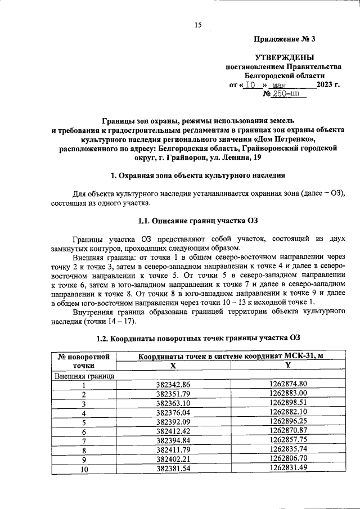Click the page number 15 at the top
click(197, 24)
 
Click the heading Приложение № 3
click(285, 39)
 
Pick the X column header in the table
click(173, 365)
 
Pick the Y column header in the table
click(288, 365)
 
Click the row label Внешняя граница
click(84, 375)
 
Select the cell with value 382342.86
click(173, 385)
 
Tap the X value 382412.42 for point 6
click(173, 431)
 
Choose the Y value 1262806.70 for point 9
click(288, 458)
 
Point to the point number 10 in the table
click(84, 468)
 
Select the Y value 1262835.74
click(288, 449)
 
